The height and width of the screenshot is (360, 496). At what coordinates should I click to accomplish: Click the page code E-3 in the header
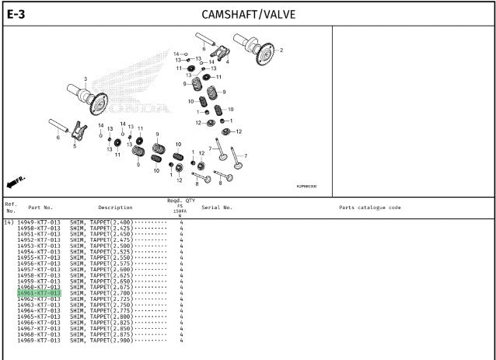click(x=16, y=14)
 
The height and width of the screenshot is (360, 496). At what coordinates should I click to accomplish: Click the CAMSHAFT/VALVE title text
click(x=248, y=14)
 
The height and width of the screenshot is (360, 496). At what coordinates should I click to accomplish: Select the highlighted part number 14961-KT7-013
click(x=38, y=293)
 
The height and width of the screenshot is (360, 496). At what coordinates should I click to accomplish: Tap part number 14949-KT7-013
click(x=38, y=222)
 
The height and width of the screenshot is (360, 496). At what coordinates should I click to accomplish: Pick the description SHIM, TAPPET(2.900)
click(x=101, y=341)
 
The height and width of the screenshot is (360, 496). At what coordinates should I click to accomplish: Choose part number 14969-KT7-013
click(x=38, y=341)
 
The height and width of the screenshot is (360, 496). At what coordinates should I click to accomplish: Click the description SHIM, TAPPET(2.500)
click(x=101, y=246)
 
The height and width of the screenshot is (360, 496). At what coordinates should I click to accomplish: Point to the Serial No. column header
click(x=217, y=208)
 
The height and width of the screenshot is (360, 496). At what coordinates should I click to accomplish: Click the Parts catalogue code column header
click(x=370, y=208)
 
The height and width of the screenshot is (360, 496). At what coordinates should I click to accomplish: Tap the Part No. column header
click(x=40, y=208)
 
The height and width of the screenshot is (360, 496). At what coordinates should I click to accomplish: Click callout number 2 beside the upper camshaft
click(x=281, y=51)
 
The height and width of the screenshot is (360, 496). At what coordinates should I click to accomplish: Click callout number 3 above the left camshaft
click(x=86, y=78)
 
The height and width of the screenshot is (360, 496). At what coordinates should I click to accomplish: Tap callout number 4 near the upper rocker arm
click(x=227, y=61)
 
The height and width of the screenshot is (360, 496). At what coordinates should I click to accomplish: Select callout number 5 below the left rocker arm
click(x=75, y=145)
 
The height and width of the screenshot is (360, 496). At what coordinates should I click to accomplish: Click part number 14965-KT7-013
click(x=38, y=316)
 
